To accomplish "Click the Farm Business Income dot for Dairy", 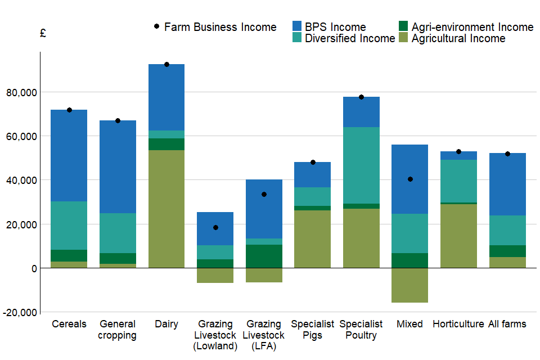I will point(166,65).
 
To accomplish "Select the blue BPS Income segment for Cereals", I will point(69,155).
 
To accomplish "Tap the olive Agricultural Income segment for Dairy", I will point(166,209).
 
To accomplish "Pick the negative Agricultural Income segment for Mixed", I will point(409,285).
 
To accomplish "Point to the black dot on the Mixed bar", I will point(410,179).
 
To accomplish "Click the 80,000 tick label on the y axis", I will point(20,92).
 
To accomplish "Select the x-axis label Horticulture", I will point(458,324).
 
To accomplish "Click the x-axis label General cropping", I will point(118,330).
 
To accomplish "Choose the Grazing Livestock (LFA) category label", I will point(264,335).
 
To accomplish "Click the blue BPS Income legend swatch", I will point(298,26).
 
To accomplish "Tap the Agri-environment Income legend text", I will point(472,27).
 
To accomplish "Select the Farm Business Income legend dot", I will point(156,26).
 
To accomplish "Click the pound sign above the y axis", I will point(43,33).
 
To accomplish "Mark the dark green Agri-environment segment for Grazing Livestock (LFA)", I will point(264,256).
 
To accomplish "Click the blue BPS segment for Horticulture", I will point(458,155).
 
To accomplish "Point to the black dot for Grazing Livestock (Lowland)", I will point(215,228).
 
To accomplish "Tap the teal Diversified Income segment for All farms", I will point(507,230).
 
